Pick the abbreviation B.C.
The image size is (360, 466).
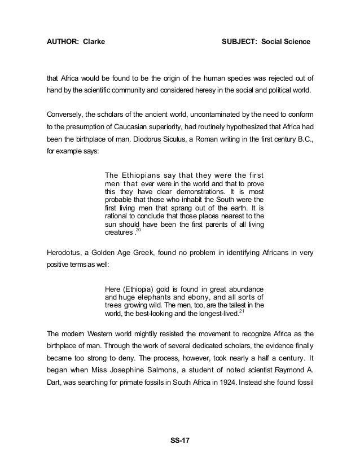[x=304, y=139]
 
